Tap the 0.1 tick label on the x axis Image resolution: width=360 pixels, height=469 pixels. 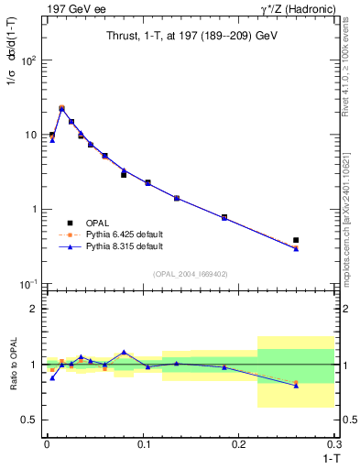[143, 445]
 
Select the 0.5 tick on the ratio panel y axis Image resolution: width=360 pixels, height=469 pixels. [27, 420]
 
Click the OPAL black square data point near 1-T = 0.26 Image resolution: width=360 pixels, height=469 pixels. [296, 240]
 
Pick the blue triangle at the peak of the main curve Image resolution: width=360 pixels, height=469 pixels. [61, 109]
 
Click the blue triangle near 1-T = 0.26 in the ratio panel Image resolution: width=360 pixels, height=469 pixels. [296, 386]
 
